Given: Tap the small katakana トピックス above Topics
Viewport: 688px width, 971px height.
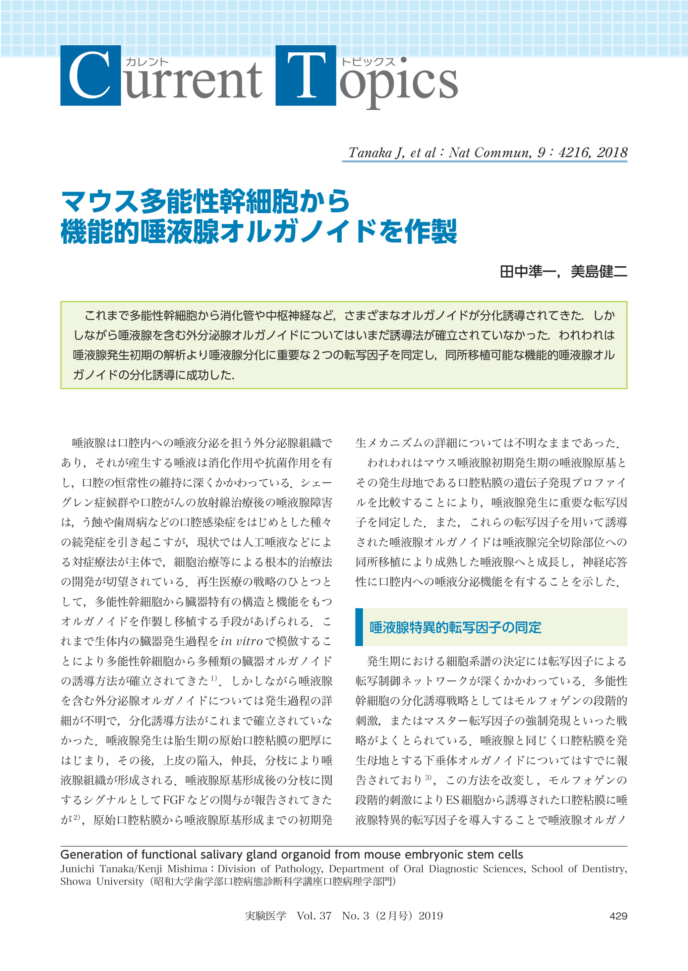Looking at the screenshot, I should click(x=368, y=62).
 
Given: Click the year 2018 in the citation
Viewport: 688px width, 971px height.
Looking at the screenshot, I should click(x=612, y=152).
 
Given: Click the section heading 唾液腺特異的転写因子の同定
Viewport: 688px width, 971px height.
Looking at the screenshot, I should click(x=455, y=627).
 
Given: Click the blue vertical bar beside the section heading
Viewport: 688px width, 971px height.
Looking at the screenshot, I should click(x=359, y=627).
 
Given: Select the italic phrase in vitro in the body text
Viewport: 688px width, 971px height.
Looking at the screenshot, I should click(x=242, y=642).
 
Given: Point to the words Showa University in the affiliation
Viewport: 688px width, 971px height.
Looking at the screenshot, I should click(x=102, y=881).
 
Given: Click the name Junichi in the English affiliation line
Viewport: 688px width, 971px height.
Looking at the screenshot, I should click(x=78, y=869).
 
